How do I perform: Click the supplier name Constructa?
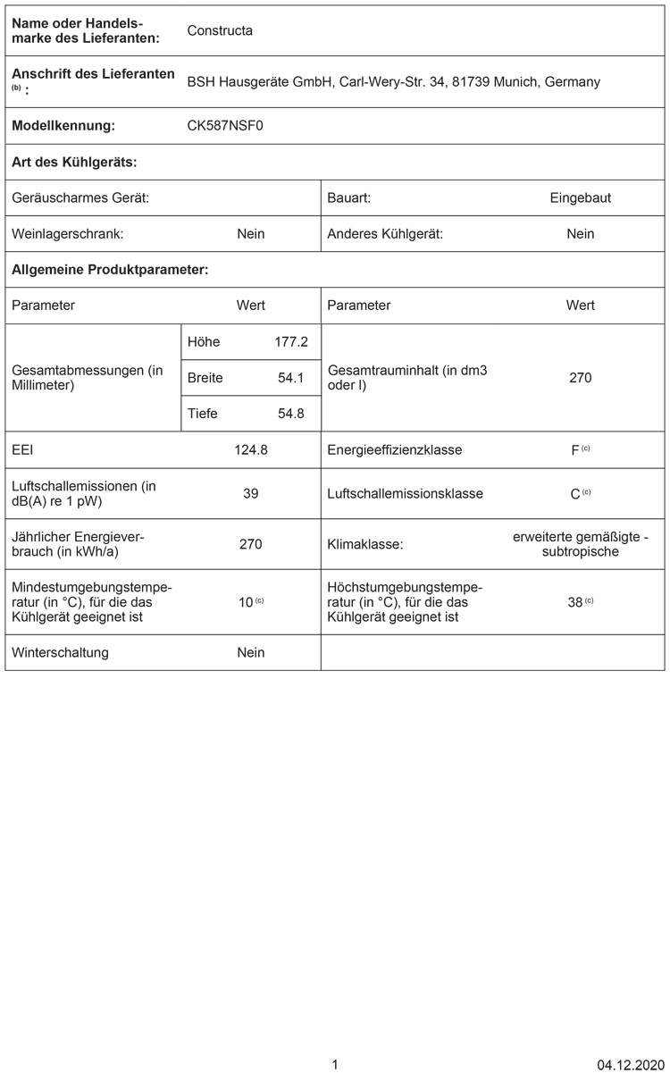(x=220, y=30)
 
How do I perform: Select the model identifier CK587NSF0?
(x=225, y=126)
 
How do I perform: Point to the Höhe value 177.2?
(x=291, y=342)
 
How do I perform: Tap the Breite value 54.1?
(x=291, y=378)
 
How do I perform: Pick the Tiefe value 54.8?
(x=291, y=414)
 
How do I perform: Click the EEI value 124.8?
(x=251, y=449)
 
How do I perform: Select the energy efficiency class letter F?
(x=575, y=450)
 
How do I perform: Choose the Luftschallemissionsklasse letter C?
(x=575, y=494)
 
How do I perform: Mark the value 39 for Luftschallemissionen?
(x=251, y=493)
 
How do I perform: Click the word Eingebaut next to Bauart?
(x=581, y=197)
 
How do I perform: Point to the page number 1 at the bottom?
(x=335, y=1064)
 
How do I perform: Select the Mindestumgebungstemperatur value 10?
(x=246, y=602)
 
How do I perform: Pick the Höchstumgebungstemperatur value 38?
(x=575, y=602)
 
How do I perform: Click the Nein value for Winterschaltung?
(x=251, y=652)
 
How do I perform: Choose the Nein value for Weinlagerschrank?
(x=251, y=234)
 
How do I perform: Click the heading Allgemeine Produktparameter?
(x=110, y=269)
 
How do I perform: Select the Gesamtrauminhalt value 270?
(x=581, y=378)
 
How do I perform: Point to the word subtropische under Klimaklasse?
(x=581, y=551)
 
